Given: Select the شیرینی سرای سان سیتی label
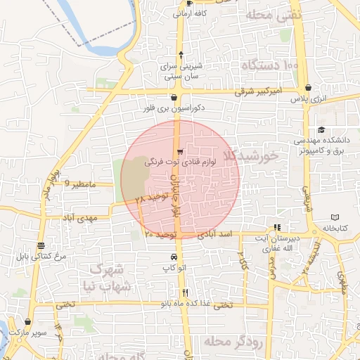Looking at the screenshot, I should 182,70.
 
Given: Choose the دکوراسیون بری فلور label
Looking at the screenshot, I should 173,109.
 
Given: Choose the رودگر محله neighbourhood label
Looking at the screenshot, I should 231,342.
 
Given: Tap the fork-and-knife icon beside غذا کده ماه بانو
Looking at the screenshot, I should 185,292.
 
